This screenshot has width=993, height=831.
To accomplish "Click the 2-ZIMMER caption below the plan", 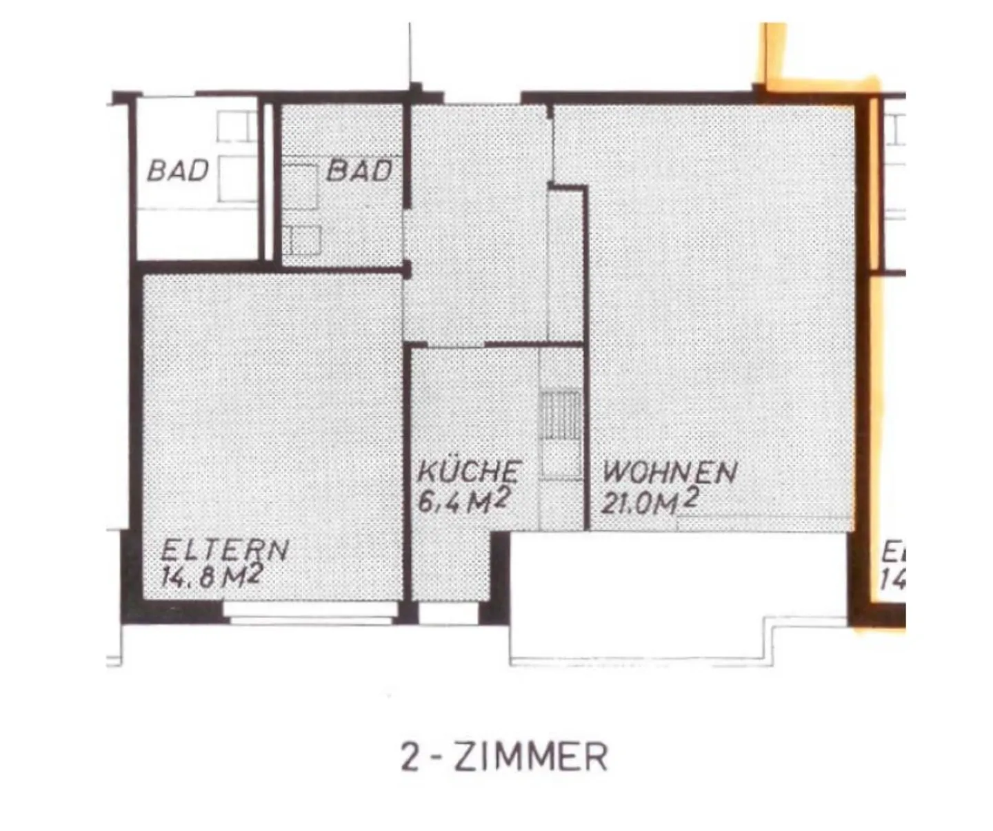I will point(504,757).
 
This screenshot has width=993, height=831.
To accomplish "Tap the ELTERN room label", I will point(224,550).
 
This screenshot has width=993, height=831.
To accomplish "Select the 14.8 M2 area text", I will point(211,575).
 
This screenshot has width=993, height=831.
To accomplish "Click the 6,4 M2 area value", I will point(463,501).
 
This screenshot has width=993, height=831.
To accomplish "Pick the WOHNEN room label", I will point(670,473).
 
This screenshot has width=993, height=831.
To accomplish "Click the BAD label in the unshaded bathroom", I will point(177,170).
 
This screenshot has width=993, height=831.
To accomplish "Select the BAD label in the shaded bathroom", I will point(359,170).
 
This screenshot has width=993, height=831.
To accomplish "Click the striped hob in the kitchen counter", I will point(560,413).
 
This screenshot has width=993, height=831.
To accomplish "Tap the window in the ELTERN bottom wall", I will point(310,612).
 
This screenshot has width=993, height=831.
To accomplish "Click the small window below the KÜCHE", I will point(448,613).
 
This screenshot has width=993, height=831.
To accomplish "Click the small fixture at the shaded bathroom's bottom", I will point(301,240).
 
